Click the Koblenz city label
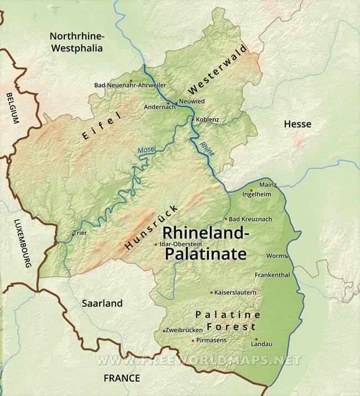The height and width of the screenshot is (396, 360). [208, 120]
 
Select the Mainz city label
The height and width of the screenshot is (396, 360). [268, 184]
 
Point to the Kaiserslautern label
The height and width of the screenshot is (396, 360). [235, 292]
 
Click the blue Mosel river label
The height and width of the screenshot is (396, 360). [147, 150]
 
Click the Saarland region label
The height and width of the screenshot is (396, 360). [102, 304]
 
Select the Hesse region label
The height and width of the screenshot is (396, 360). [297, 124]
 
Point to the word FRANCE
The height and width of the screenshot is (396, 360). [122, 378]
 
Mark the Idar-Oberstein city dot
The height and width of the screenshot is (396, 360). [155, 244]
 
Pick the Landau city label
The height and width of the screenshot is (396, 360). [261, 344]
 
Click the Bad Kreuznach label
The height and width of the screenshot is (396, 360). [250, 219]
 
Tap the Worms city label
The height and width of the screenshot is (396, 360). [276, 256]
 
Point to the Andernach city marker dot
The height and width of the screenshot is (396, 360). [167, 103]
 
